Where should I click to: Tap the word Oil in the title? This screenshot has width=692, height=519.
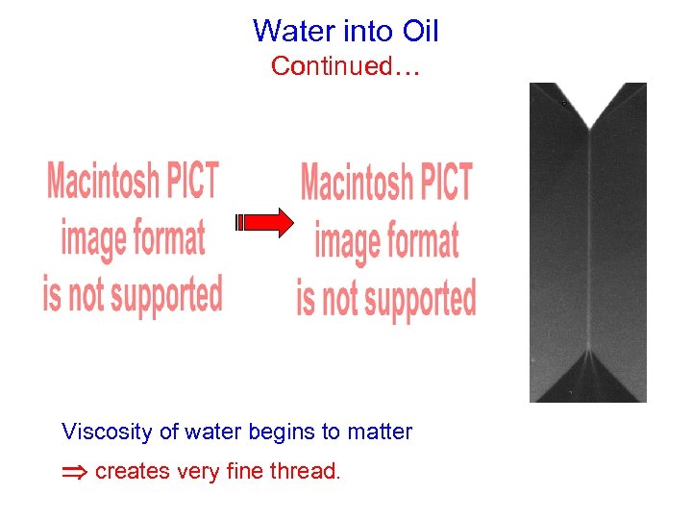click(x=420, y=31)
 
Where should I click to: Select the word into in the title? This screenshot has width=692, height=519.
click(x=365, y=31)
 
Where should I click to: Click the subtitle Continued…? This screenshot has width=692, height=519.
click(x=346, y=66)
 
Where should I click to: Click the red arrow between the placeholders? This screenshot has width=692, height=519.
click(x=265, y=223)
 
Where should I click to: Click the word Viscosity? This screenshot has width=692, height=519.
click(x=107, y=432)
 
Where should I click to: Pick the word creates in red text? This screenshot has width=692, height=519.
click(x=129, y=472)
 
